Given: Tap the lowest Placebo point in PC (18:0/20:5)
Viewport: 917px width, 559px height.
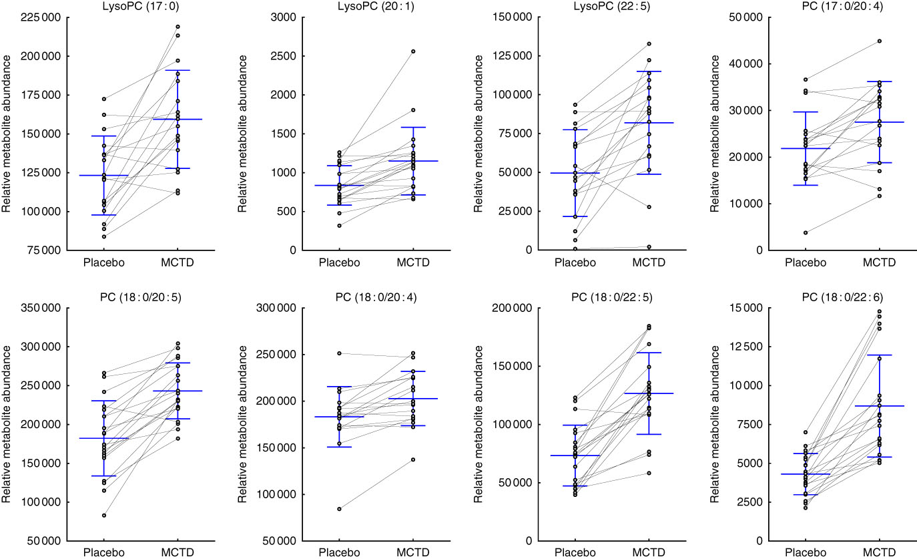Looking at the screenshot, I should pos(104,516).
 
